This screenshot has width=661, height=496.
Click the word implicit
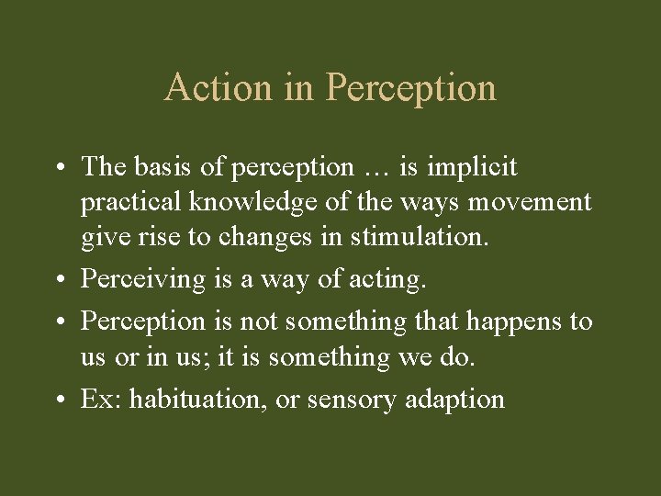point(473,167)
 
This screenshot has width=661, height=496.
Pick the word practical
point(134,201)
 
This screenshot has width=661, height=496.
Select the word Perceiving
point(142,278)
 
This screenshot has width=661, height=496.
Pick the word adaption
point(459,399)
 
